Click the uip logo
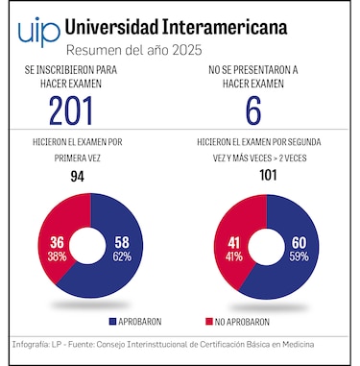36,31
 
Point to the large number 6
253,111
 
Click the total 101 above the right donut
268,177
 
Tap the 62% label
121,256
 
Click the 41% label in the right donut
234,256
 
